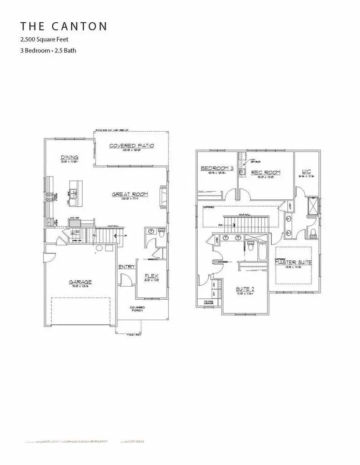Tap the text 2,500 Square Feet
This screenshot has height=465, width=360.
[45, 40]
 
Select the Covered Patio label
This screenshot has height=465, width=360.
[132, 146]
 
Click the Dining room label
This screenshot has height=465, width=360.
[70, 158]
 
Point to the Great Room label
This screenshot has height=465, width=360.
[130, 194]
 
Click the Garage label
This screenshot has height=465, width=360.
[80, 282]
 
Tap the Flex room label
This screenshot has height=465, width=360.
[151, 276]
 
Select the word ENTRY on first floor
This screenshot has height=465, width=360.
[127, 267]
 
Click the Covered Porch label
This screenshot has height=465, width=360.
[137, 308]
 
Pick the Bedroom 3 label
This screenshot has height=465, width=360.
[217, 168]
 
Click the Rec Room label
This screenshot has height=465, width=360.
[266, 173]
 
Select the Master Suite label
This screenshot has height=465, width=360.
[293, 262]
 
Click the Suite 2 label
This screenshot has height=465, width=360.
[245, 289]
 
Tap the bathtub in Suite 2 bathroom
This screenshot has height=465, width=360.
[262, 250]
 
